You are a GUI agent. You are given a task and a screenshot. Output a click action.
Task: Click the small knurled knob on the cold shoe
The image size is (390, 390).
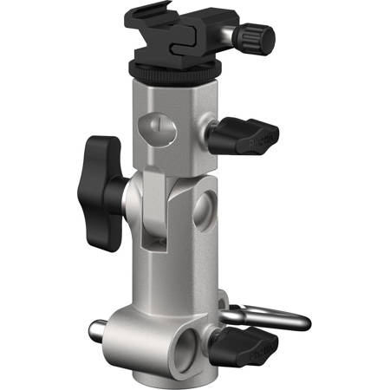256,36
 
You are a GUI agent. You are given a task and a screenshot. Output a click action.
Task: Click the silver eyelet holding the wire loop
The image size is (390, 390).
228,308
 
